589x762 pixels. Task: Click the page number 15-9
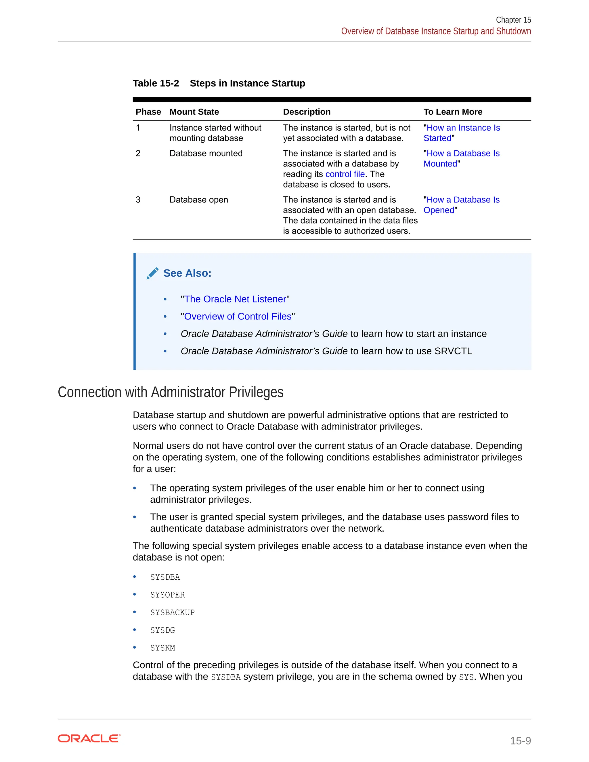[520, 740]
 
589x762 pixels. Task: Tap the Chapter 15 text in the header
[513, 20]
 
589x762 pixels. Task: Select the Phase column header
[148, 112]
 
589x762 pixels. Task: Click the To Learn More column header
[453, 112]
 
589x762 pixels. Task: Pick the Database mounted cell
[206, 154]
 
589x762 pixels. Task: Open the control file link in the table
[345, 174]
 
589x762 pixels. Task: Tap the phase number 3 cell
[138, 200]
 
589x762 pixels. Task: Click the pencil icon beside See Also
[152, 273]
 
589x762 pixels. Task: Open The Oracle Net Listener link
[235, 299]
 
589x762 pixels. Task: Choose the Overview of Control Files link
[238, 317]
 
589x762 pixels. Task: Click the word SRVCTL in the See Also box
[453, 351]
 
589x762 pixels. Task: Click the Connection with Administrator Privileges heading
[170, 392]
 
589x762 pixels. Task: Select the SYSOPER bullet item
[167, 595]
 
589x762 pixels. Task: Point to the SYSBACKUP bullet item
[172, 613]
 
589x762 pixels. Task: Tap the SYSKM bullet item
[162, 648]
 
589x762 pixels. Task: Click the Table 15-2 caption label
[156, 83]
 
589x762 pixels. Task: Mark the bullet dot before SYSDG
[135, 630]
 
